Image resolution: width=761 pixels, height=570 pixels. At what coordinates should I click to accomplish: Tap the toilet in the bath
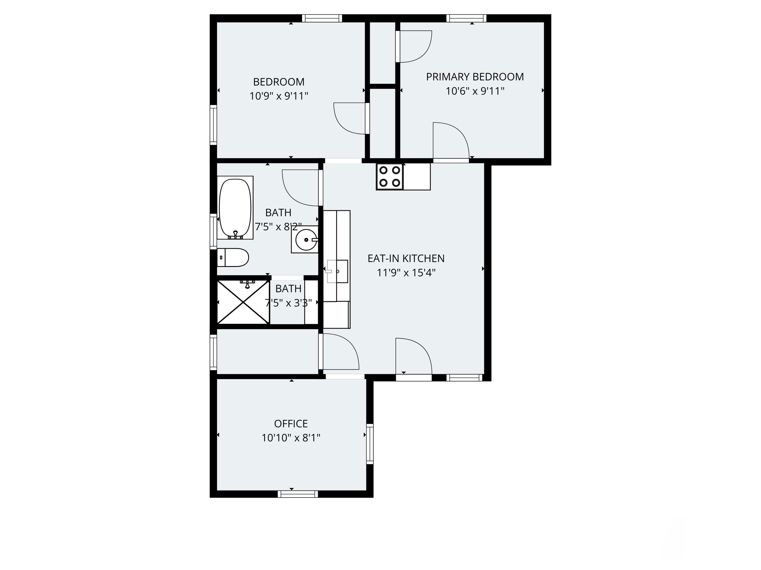click(x=233, y=257)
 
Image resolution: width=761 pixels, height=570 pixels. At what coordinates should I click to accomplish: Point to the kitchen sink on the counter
click(x=337, y=271)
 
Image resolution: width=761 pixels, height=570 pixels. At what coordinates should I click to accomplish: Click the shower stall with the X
click(x=243, y=302)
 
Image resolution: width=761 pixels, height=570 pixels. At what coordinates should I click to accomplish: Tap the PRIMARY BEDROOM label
click(x=475, y=77)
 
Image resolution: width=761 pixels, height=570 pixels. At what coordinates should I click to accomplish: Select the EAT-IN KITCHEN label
click(x=406, y=258)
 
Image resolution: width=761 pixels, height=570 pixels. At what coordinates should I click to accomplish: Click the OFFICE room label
click(x=291, y=424)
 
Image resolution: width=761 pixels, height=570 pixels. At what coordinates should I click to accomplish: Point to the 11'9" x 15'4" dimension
click(x=406, y=273)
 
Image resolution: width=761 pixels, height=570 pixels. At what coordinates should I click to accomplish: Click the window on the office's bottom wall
click(x=298, y=494)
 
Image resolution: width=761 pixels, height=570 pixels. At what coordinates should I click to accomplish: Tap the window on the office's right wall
click(x=370, y=444)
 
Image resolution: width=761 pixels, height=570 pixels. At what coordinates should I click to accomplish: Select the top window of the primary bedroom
click(x=466, y=18)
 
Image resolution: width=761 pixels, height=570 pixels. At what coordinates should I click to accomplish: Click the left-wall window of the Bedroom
click(x=213, y=124)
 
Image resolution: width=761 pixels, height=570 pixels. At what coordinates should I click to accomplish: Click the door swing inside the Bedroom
click(x=349, y=119)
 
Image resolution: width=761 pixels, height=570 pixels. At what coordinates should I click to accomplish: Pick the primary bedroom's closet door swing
click(x=414, y=46)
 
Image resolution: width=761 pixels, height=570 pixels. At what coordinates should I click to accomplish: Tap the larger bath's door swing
click(x=300, y=188)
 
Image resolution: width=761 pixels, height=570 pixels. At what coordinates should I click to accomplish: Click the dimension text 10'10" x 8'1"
click(x=291, y=438)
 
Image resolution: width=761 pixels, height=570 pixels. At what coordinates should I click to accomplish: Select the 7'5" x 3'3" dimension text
click(x=288, y=303)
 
